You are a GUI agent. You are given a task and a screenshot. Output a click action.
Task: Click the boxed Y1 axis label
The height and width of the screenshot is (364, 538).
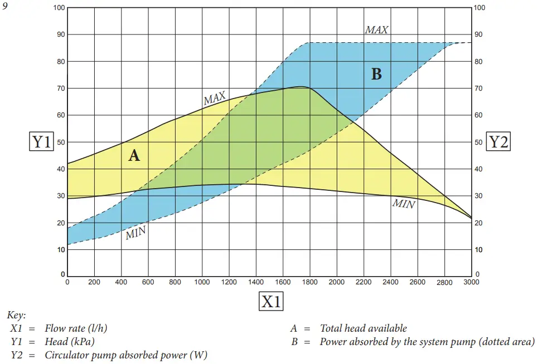pos(41,142)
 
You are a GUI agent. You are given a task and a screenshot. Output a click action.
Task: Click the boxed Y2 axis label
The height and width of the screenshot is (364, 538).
pos(498,142)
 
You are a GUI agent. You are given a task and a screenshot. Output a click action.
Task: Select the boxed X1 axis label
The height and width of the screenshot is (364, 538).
pos(271,301)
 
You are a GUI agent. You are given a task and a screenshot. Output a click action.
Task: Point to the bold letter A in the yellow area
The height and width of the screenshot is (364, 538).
pos(134,155)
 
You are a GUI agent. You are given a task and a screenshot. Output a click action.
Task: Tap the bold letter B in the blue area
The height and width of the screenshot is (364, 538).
pos(376,74)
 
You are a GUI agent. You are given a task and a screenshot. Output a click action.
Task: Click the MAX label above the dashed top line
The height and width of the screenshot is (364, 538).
pos(376,30)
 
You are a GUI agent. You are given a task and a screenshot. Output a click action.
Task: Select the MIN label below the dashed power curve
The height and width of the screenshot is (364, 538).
pos(135,233)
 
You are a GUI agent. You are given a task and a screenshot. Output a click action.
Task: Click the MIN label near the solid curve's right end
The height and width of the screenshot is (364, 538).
pos(404,204)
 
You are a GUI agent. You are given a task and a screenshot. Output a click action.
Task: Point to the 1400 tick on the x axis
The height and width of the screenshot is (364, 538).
pos(256,282)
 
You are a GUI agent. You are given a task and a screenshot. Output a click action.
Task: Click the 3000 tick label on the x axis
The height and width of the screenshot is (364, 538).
pos(472,282)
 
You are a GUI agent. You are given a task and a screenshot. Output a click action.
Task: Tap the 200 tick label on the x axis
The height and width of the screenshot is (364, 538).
pos(94,282)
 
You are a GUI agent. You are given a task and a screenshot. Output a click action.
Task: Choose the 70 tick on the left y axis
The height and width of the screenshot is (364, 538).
pos(60,88)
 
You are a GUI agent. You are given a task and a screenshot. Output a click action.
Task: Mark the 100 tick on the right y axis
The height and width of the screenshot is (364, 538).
pos(479,8)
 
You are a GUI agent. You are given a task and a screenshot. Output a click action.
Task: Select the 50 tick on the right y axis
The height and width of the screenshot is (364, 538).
pos(478,142)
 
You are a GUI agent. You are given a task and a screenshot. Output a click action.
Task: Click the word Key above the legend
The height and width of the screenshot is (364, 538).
pos(16,315)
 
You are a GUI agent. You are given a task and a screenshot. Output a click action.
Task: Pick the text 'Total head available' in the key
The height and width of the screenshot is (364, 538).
pos(363,328)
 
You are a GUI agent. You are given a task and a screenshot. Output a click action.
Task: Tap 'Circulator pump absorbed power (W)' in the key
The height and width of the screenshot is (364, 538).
pos(126,355)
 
